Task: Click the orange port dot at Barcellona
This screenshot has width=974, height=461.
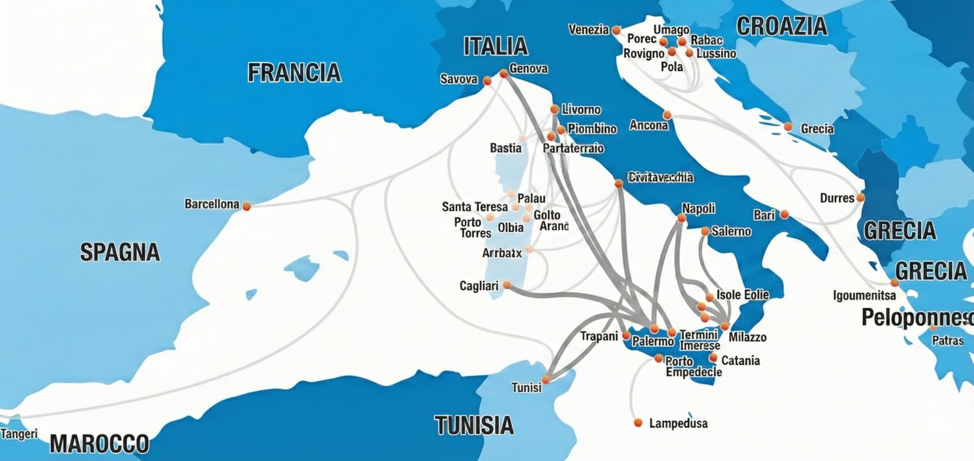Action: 247,206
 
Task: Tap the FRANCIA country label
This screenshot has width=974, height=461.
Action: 294,73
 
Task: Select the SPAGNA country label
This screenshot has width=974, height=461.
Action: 120,252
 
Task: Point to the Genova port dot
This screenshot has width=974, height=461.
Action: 503,74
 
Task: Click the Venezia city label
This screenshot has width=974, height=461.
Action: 588,30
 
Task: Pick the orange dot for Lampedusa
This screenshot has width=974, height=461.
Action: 639,422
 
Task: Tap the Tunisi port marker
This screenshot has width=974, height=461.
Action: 546,379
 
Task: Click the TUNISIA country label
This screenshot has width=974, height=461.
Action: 474,425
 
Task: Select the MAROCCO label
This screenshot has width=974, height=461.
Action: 99,444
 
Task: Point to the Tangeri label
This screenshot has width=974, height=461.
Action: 19,434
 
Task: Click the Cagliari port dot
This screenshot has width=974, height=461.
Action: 507,285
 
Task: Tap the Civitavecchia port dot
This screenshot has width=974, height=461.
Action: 619,183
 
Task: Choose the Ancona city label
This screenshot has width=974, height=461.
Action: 649,125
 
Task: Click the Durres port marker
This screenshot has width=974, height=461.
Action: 860,197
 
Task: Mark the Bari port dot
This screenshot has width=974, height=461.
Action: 785,215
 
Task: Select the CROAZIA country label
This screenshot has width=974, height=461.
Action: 782,26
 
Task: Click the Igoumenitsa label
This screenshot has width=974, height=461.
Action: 864,295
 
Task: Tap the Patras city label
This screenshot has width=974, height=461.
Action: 947,341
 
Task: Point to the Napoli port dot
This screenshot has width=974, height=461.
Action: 682,218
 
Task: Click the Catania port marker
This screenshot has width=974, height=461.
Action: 713,358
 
